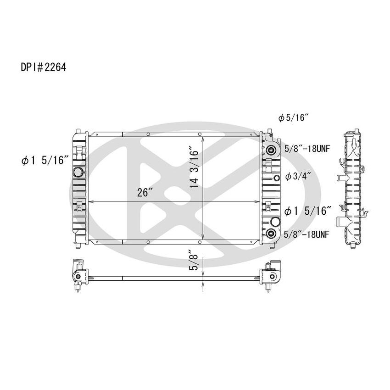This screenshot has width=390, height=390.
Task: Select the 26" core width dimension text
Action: pyautogui.click(x=145, y=193)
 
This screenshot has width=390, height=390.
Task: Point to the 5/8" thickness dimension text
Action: pyautogui.click(x=195, y=260)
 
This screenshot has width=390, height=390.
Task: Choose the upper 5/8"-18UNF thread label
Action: pyautogui.click(x=306, y=149)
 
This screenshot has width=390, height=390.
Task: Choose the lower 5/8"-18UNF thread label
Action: pyautogui.click(x=306, y=234)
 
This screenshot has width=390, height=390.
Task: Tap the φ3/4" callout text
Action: pyautogui.click(x=298, y=176)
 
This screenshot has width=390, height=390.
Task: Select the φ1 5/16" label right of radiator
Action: pyautogui.click(x=308, y=211)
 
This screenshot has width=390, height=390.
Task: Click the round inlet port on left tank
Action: pyautogui.click(x=78, y=173)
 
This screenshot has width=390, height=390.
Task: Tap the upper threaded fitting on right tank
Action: pyautogui.click(x=272, y=150)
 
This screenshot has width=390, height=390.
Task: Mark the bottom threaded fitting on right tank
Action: pyautogui.click(x=273, y=234)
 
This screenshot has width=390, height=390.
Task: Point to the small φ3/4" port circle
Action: pyautogui.click(x=277, y=178)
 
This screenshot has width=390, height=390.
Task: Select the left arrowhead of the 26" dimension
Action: pyautogui.click(x=90, y=202)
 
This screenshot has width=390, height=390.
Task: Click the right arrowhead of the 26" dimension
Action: pyautogui.click(x=257, y=202)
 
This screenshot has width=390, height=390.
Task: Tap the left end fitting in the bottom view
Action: pyautogui.click(x=78, y=275)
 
